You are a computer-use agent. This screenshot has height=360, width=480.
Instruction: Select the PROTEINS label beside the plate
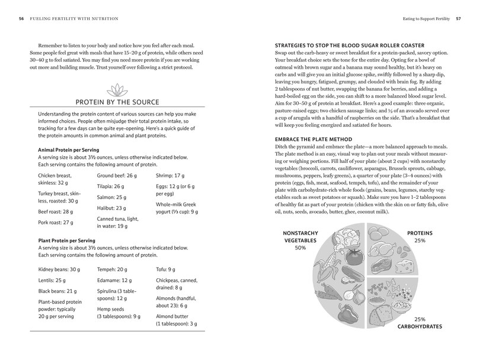[420, 233]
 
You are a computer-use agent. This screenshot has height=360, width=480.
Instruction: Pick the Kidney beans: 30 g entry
[58, 269]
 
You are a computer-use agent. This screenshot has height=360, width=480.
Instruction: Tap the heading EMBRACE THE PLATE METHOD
[312, 139]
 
